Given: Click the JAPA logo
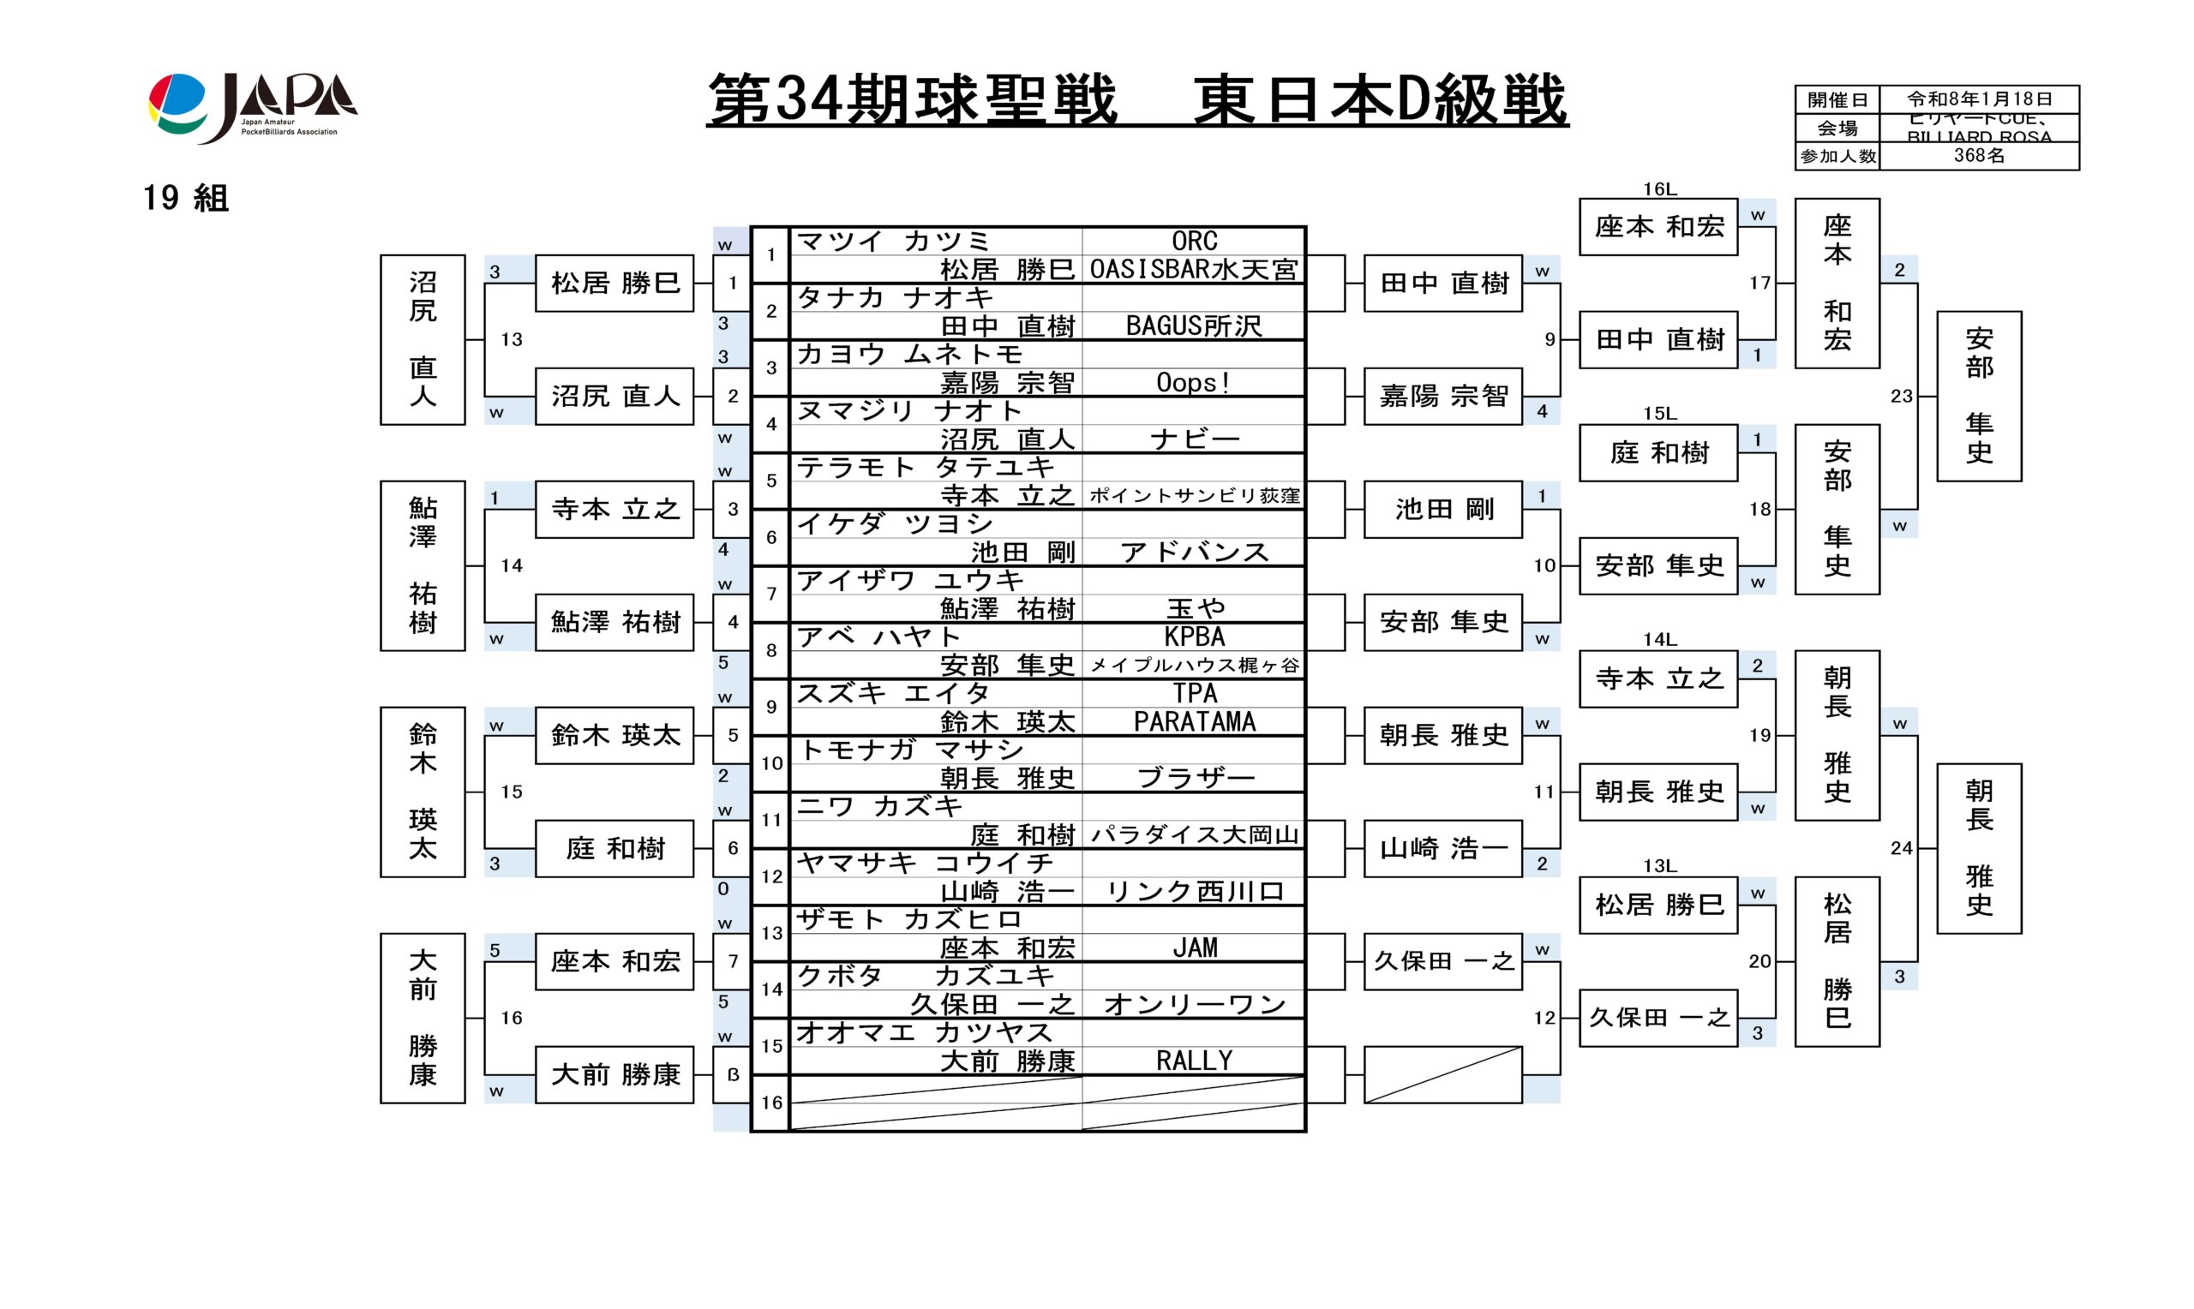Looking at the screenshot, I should point(252,107).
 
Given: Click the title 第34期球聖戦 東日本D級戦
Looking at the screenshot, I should point(1136,99).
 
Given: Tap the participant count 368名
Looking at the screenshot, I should point(1979,156).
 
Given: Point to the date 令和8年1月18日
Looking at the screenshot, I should point(1979,99).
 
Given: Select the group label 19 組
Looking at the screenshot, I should point(185,199).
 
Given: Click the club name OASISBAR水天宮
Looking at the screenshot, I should point(1194,269).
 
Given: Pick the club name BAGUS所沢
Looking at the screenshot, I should point(1194,326).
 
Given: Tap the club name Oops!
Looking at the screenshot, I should point(1194,383).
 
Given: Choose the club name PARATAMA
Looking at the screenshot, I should point(1194,721).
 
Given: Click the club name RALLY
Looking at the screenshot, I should point(1194,1061).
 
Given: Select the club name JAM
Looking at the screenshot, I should point(1194,947).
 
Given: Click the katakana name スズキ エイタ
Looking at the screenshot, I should point(893,693).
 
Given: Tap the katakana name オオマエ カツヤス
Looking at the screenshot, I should point(924,1032).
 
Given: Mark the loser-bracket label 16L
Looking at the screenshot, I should point(1658,188).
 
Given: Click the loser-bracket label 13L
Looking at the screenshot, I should point(1658,866).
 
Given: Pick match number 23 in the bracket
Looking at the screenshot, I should point(1901,396).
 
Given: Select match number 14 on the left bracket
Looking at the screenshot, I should point(512,565).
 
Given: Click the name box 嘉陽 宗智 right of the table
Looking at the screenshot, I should point(1442,396).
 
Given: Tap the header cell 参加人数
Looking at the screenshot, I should point(1837,156).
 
